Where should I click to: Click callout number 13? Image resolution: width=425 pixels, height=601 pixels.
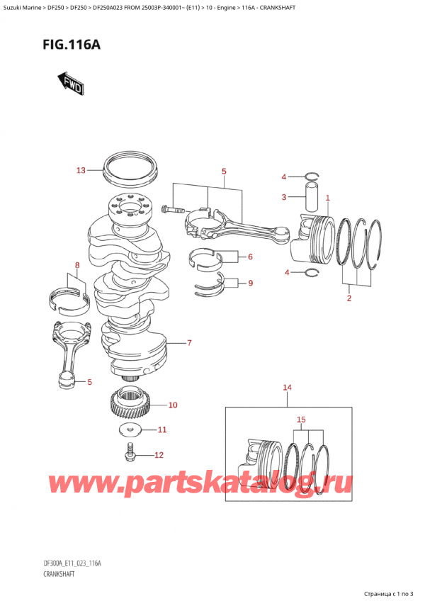click(x=80, y=170)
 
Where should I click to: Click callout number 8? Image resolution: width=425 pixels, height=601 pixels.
click(x=77, y=266)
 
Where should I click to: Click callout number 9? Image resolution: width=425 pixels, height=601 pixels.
click(x=249, y=283)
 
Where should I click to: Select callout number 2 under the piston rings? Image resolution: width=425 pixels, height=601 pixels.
click(x=348, y=298)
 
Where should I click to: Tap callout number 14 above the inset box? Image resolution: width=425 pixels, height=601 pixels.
click(x=287, y=388)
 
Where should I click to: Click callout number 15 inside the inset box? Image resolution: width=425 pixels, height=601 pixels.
click(x=301, y=420)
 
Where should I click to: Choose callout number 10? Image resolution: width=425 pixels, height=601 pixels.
click(x=173, y=405)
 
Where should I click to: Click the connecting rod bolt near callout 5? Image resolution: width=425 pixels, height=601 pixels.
click(x=173, y=209)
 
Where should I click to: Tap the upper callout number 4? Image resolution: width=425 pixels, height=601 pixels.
click(x=284, y=176)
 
